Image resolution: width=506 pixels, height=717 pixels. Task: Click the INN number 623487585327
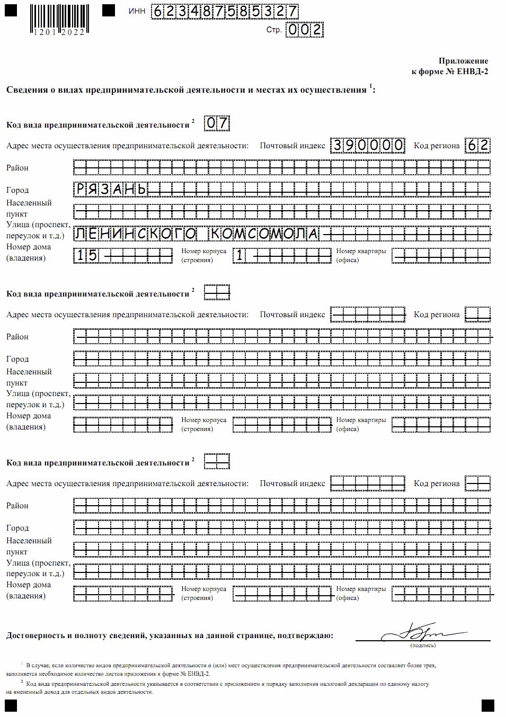click(x=225, y=12)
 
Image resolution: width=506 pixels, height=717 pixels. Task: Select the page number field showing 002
click(x=304, y=30)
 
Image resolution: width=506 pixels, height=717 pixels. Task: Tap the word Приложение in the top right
click(x=463, y=61)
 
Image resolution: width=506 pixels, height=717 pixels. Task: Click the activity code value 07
click(x=217, y=124)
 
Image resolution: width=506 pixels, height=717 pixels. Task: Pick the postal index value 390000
click(x=368, y=146)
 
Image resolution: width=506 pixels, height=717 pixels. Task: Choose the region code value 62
click(x=477, y=146)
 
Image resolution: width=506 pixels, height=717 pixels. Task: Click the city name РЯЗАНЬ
click(x=111, y=190)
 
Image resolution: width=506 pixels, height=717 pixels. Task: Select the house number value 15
click(x=86, y=256)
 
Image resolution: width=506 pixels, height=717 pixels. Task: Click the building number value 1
click(x=239, y=256)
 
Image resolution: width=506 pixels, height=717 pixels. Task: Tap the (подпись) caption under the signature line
click(x=422, y=646)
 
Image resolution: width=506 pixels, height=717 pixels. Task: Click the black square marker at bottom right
click(x=487, y=705)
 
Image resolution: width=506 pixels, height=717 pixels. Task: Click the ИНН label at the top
click(x=136, y=12)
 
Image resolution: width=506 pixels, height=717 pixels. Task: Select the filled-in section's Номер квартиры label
click(x=361, y=251)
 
